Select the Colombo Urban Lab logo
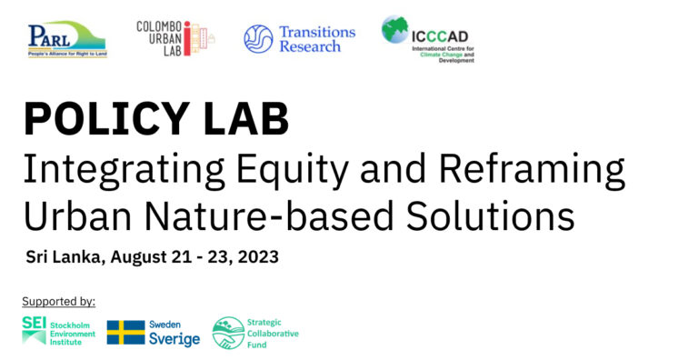point(177,39)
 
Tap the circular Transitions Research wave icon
point(258,39)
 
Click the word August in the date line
point(138,257)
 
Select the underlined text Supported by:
point(58,301)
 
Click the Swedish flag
point(125,333)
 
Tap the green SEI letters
point(34,324)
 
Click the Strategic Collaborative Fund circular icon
point(228,333)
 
